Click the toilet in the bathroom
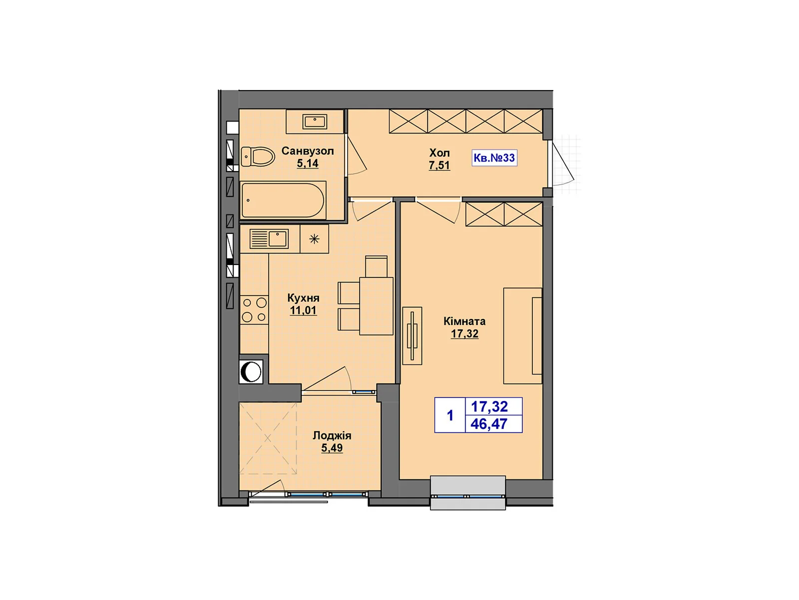[258, 156]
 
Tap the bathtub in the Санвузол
[283, 200]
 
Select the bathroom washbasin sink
[315, 121]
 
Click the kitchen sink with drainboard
[269, 238]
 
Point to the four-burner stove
[254, 309]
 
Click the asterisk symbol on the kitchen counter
[314, 239]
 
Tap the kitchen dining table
[376, 305]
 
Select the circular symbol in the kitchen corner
[251, 372]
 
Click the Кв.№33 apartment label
[494, 158]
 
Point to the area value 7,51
[439, 165]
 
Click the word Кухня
[303, 298]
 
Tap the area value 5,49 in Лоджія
[332, 448]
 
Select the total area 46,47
[489, 424]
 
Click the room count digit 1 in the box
[450, 415]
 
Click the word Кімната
[464, 321]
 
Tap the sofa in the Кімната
[522, 335]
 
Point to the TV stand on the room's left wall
[412, 335]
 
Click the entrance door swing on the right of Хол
[562, 165]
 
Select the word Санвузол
[308, 151]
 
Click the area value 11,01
[303, 310]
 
